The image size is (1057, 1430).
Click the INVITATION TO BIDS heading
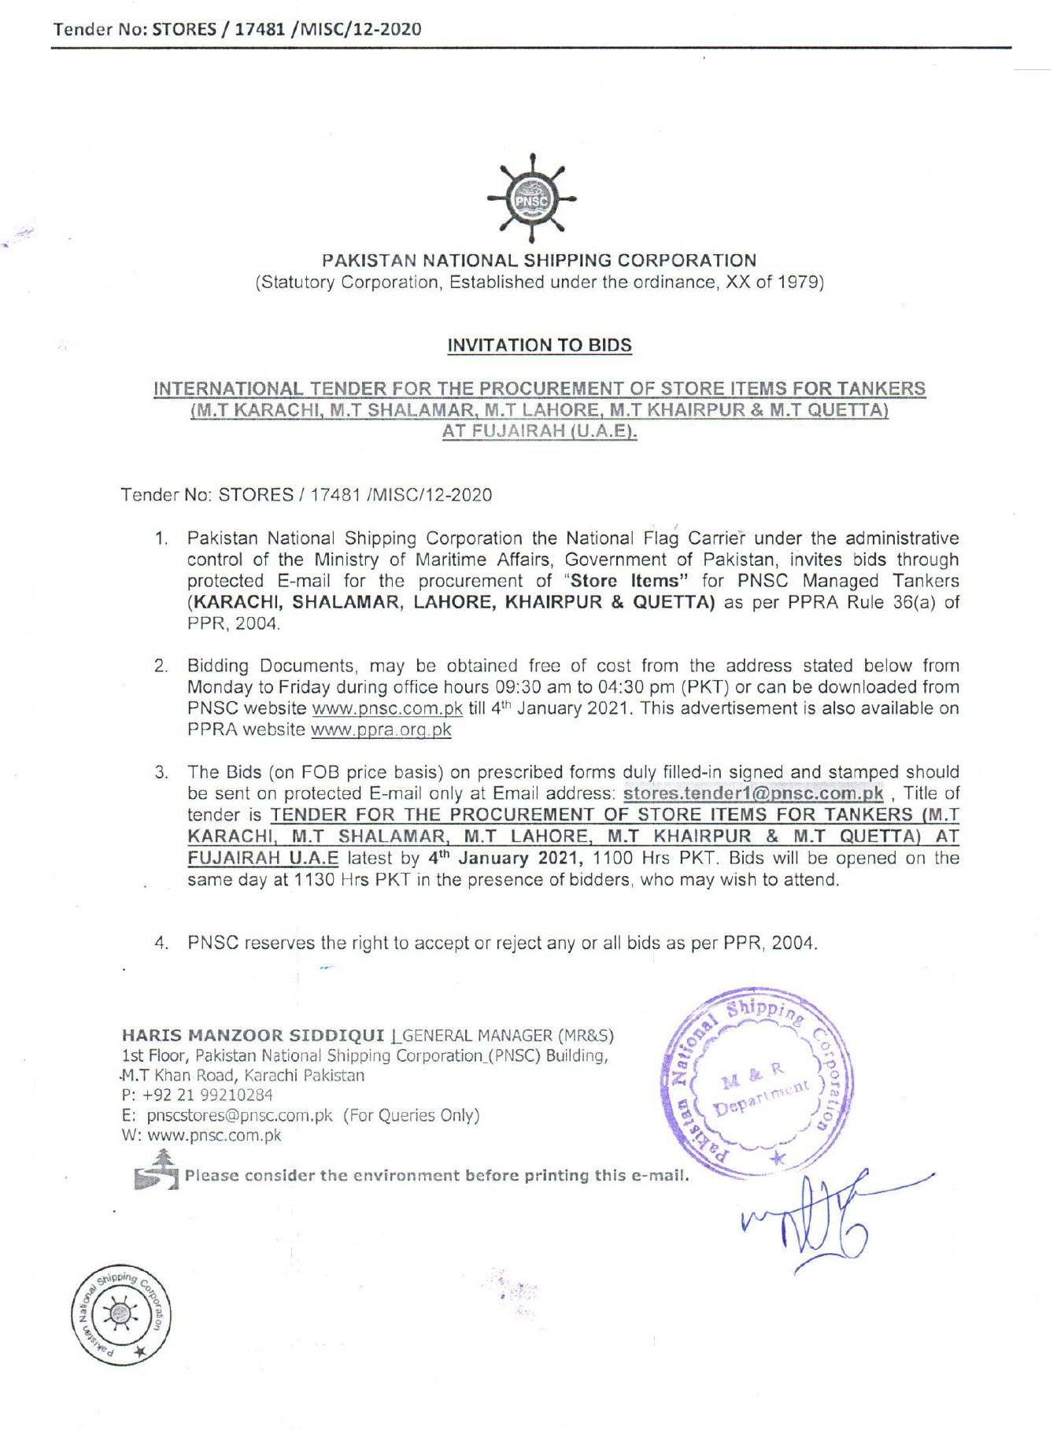click(539, 345)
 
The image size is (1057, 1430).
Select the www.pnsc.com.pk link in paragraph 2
click(387, 708)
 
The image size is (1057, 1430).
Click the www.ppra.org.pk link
click(381, 730)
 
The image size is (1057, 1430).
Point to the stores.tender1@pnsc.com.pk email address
click(752, 793)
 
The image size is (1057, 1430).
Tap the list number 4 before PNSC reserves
click(161, 943)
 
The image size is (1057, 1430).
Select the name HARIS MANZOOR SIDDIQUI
click(253, 1036)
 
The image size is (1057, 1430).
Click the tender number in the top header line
click(287, 30)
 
